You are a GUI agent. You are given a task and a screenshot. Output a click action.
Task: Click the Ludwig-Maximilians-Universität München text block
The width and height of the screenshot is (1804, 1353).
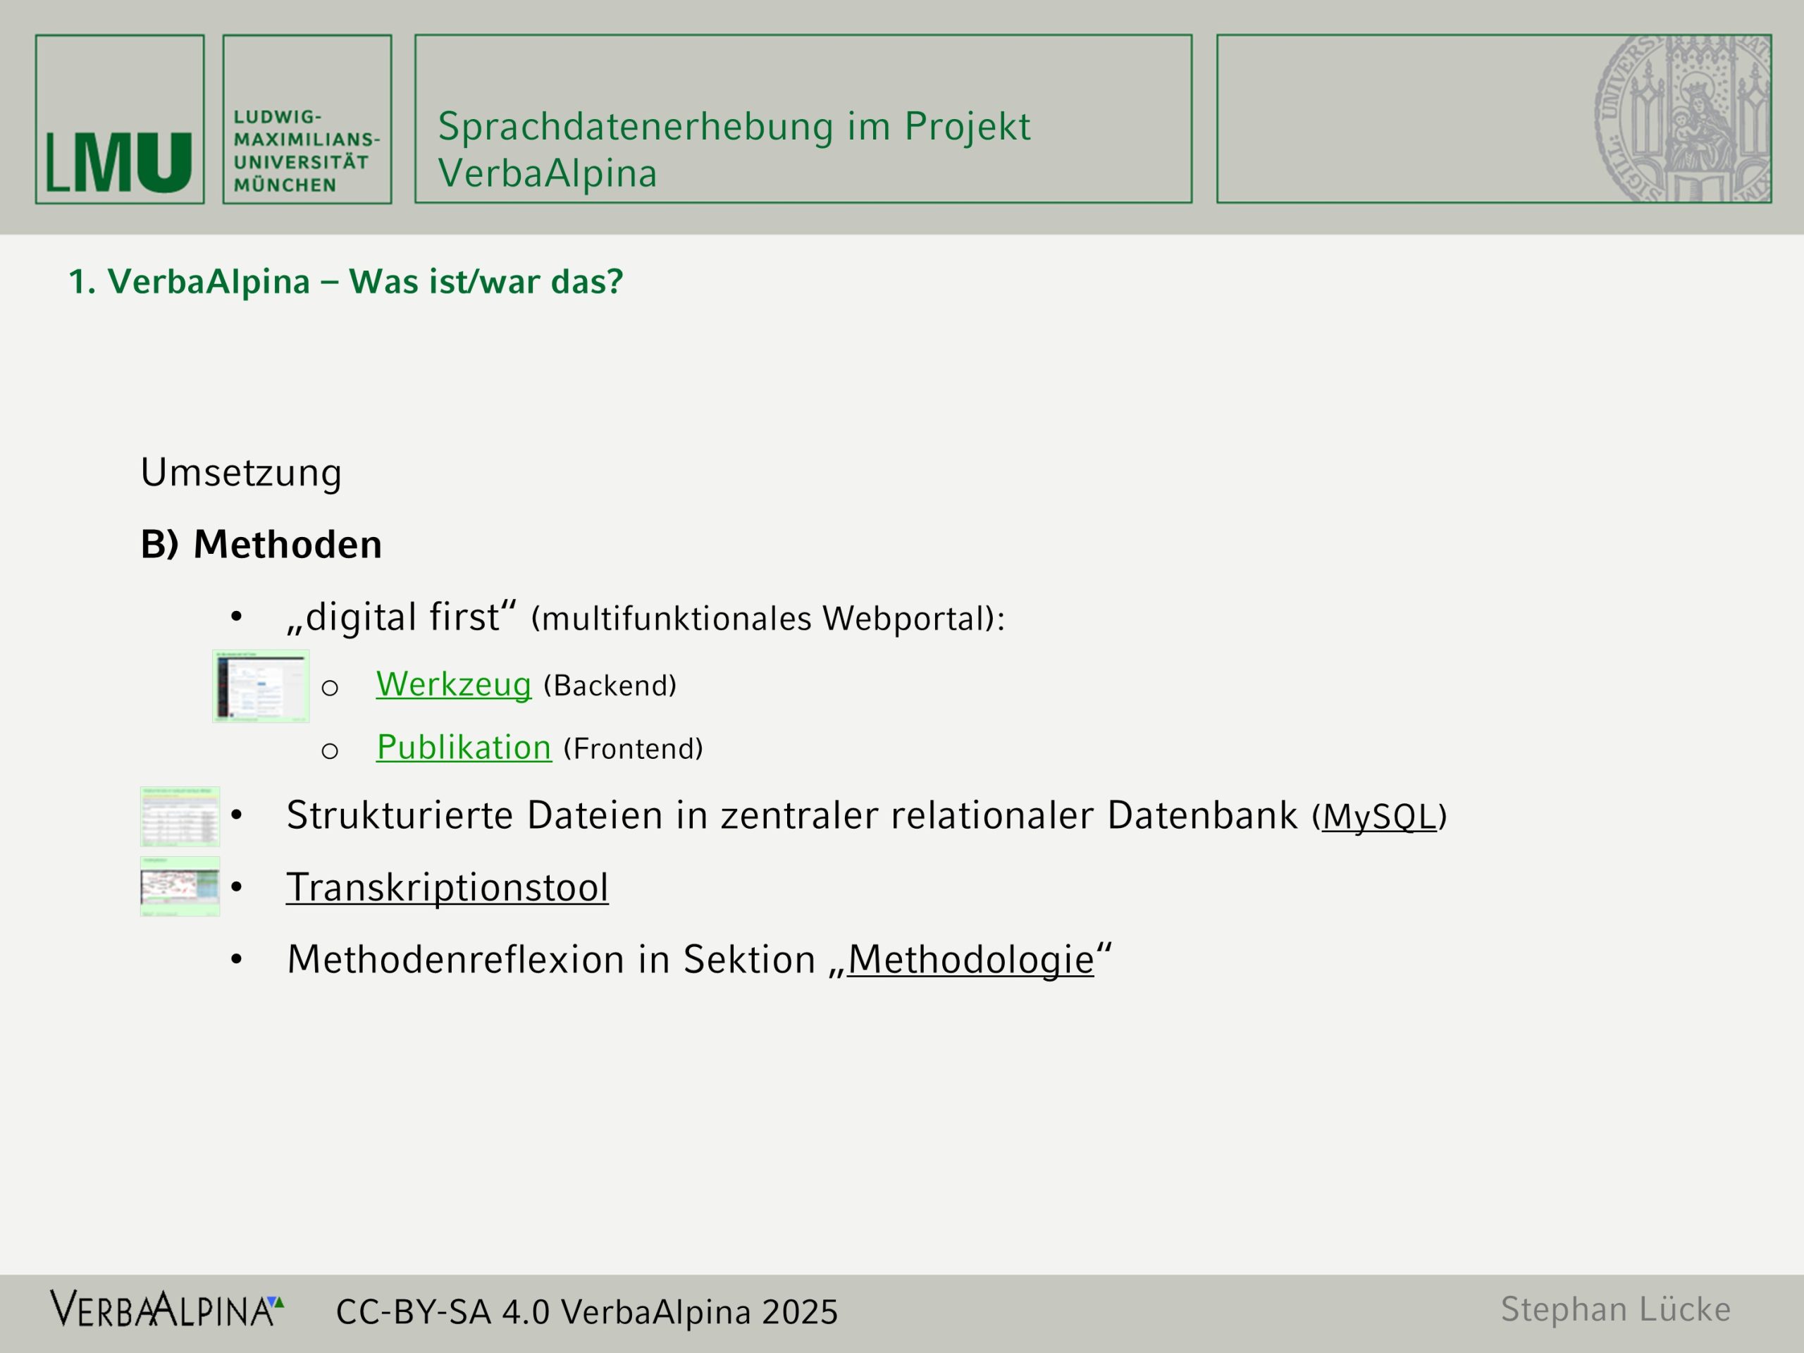coord(307,151)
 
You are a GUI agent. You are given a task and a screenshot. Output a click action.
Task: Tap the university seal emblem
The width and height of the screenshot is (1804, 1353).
coord(1683,118)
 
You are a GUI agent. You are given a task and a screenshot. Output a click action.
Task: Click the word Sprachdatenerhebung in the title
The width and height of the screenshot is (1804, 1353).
coord(636,128)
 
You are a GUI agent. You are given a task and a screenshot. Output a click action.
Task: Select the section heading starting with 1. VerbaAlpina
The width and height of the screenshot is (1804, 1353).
coord(346,281)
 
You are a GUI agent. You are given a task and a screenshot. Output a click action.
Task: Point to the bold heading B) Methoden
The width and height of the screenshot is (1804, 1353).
coord(261,544)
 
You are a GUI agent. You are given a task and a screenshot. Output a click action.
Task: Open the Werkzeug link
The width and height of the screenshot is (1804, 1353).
coord(453,684)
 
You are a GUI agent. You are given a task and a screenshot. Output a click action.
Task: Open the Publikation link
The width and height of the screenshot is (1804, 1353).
coord(464,747)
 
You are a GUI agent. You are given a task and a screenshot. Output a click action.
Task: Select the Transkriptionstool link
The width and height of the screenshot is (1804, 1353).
coord(447,887)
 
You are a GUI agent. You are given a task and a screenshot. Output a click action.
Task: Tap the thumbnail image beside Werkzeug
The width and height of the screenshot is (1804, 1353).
coord(261,686)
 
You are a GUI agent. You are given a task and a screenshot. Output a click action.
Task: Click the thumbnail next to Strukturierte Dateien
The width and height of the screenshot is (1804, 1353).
coord(180,815)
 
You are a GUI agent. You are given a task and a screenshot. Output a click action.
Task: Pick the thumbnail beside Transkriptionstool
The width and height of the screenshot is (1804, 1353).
coord(180,886)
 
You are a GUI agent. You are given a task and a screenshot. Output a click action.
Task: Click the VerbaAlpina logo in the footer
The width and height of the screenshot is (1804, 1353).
coord(167,1309)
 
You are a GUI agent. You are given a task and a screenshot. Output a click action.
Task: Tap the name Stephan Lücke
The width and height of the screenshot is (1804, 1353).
coord(1616,1309)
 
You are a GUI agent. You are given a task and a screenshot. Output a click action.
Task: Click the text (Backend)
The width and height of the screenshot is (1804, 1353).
coord(610,686)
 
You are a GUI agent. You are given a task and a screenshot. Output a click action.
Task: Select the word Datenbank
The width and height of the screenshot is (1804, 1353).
coord(1202,815)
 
